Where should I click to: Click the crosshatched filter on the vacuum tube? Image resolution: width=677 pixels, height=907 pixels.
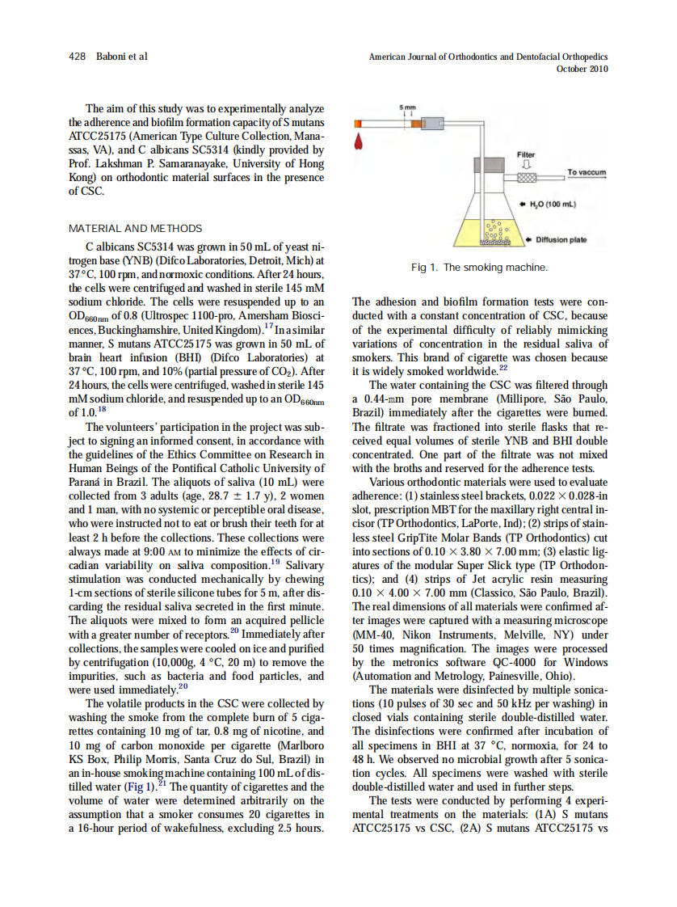(x=526, y=177)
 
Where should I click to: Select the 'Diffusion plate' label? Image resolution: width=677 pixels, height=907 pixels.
(x=561, y=239)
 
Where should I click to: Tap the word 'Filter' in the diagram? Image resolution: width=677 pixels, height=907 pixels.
(x=526, y=154)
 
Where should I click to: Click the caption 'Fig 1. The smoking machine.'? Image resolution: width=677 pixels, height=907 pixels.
(x=479, y=267)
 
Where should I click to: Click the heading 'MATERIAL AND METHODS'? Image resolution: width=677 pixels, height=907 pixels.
(x=136, y=229)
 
